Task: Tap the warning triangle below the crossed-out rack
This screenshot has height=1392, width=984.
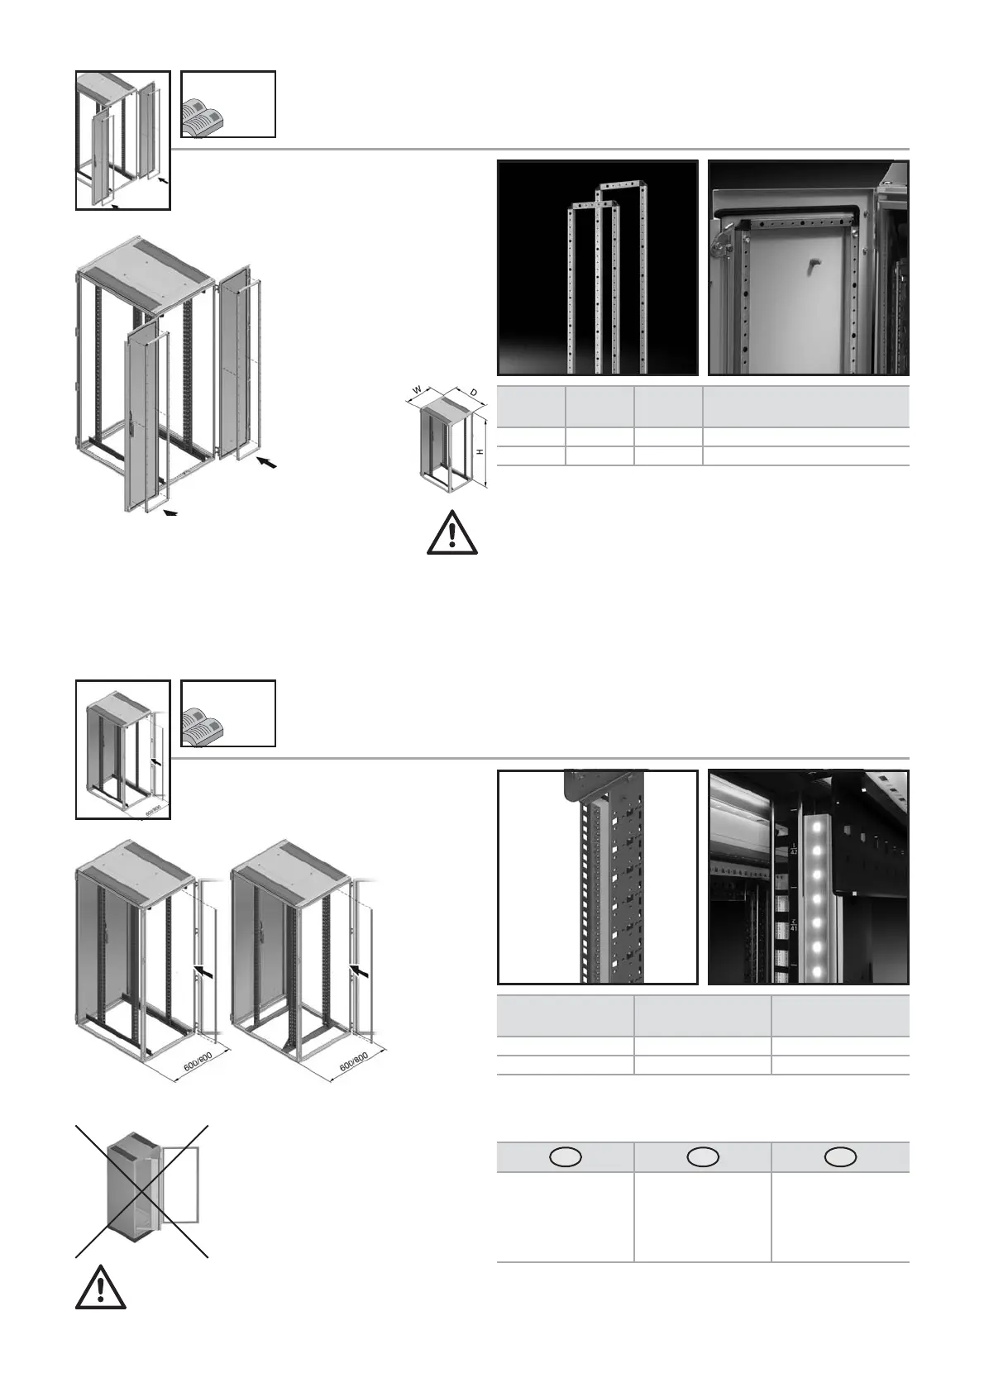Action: [100, 1287]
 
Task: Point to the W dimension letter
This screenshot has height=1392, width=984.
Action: [418, 389]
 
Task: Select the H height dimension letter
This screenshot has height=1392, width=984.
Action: [480, 451]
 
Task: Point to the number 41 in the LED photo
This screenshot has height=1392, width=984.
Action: [793, 925]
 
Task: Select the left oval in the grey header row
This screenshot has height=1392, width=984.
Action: [566, 1157]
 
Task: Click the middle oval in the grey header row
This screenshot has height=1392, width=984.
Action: [702, 1157]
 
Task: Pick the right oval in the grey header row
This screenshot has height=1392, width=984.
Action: [839, 1157]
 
